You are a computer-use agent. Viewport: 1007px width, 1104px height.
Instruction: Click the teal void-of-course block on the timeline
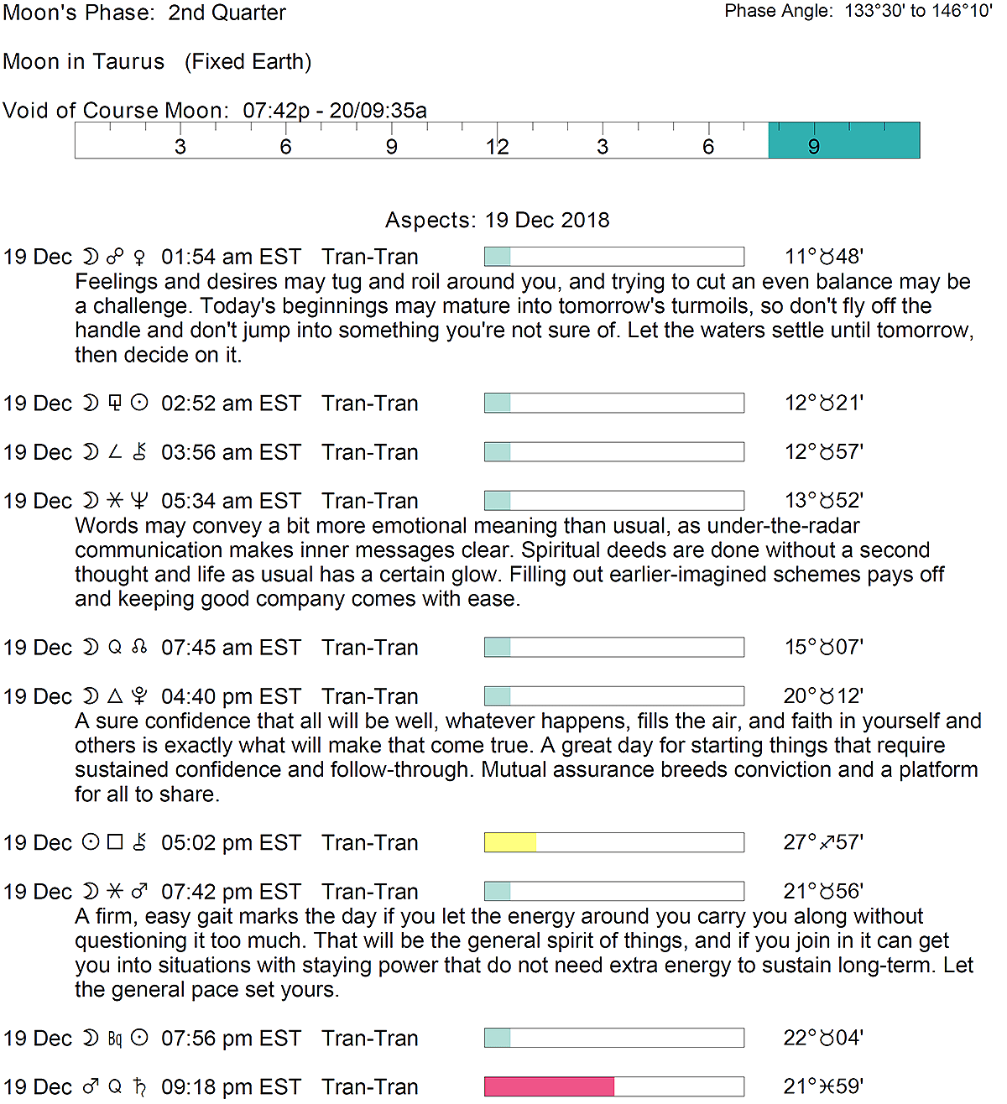[843, 140]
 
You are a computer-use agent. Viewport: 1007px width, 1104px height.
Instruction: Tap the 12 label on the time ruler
[497, 148]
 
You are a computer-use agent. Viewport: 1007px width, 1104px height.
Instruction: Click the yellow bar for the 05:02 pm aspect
[510, 842]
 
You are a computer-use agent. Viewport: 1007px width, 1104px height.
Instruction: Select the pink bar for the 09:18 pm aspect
[549, 1086]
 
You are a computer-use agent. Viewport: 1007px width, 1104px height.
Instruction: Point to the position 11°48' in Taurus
[823, 257]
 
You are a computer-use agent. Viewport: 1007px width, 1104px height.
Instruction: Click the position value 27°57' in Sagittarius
[823, 842]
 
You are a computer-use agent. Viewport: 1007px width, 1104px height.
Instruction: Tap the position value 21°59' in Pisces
[823, 1086]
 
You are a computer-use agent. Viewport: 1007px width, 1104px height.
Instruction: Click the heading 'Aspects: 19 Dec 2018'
[497, 220]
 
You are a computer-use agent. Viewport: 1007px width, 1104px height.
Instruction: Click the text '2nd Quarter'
[227, 13]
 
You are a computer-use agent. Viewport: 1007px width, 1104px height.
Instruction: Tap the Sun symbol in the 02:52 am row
[140, 404]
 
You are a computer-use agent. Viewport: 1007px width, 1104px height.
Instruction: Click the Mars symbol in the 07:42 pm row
[140, 891]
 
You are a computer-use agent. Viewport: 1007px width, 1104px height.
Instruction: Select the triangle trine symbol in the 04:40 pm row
[115, 696]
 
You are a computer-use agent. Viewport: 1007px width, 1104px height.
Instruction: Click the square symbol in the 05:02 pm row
[115, 842]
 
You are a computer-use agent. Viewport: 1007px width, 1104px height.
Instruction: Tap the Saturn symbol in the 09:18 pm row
[140, 1087]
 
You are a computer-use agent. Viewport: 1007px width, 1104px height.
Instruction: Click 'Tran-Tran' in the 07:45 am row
[369, 648]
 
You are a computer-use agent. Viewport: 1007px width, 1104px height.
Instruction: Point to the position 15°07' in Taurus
[823, 648]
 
